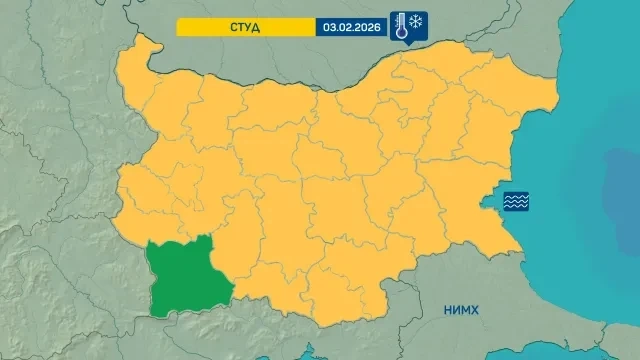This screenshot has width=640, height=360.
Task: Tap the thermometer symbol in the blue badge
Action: pyautogui.click(x=400, y=26)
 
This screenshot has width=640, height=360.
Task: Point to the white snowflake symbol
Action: pyautogui.click(x=417, y=22)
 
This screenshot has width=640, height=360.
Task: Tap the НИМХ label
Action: pyautogui.click(x=461, y=311)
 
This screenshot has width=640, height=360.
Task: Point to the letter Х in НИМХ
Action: pyautogui.click(x=474, y=311)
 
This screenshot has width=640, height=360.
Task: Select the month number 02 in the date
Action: pyautogui.click(x=344, y=27)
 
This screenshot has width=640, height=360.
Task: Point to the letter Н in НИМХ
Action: pyautogui.click(x=448, y=311)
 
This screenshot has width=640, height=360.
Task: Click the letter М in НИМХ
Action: pyautogui.click(x=465, y=311)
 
